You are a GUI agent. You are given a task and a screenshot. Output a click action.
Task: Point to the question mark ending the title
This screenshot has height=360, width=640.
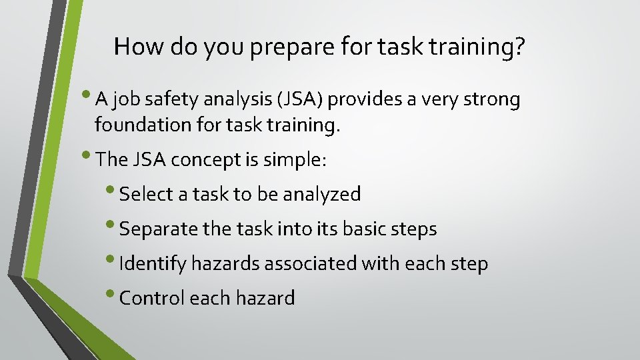point(519,46)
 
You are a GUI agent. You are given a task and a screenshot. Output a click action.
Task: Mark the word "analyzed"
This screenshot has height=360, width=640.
point(322,195)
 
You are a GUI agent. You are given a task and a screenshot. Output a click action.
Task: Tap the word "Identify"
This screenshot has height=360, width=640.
point(153,264)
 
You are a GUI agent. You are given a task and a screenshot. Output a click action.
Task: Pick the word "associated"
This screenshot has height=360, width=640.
point(311,264)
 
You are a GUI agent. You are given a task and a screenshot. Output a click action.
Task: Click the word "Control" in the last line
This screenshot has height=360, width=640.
point(152,298)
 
